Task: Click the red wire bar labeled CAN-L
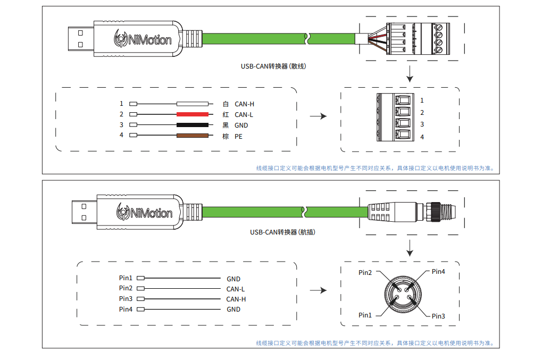pos(192,114)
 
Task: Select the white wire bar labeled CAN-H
pos(192,104)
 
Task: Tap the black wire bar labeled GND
pos(192,125)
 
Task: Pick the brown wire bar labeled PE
pos(192,136)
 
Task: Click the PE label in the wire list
pos(238,137)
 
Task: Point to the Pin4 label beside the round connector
pos(438,272)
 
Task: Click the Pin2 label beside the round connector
pos(365,273)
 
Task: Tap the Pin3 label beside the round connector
pos(438,316)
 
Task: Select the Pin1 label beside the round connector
pos(365,315)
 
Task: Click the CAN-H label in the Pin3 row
pos(236,299)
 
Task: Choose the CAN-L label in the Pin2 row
pos(236,289)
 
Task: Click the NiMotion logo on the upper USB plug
pos(143,38)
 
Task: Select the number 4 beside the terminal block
pos(422,137)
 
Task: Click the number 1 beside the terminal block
pos(422,101)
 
